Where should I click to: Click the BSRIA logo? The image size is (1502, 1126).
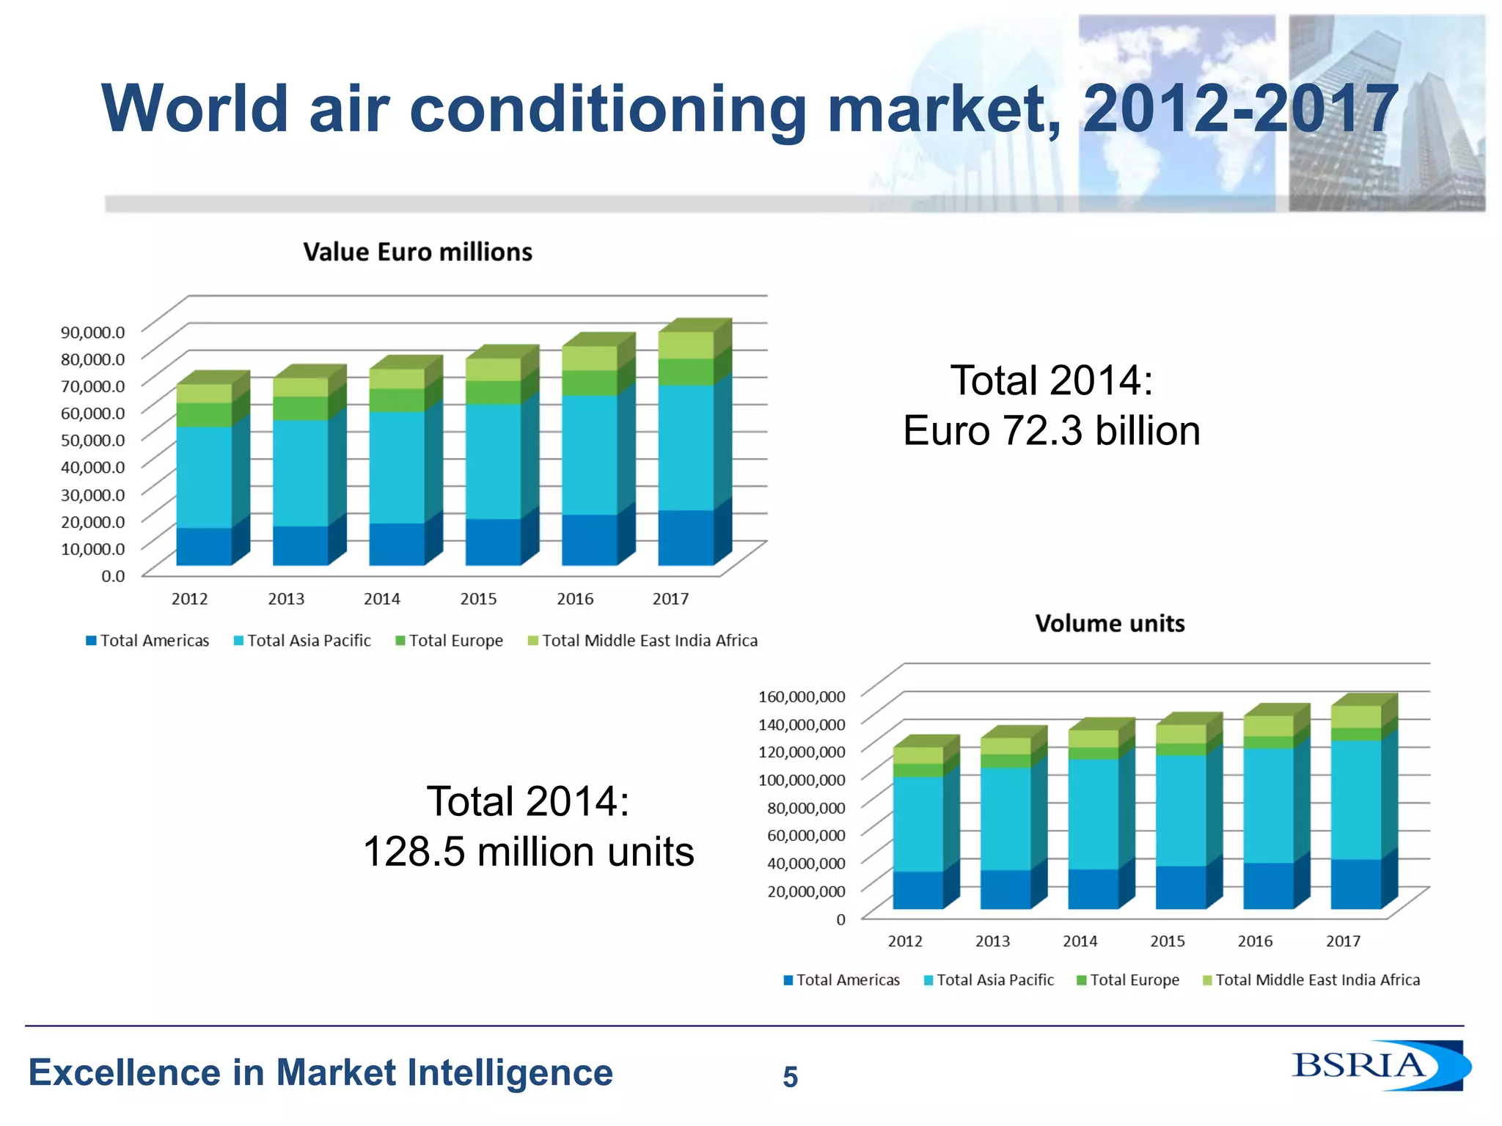[1379, 1065]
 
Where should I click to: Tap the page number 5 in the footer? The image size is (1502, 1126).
[790, 1077]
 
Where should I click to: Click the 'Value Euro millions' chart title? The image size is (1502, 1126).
[417, 252]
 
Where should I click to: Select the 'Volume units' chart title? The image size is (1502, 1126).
[1110, 624]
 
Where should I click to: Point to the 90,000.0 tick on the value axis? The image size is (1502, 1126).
[92, 332]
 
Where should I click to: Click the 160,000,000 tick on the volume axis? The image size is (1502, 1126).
[802, 696]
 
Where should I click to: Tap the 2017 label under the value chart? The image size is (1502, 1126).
[670, 599]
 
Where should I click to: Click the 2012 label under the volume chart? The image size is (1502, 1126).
[905, 941]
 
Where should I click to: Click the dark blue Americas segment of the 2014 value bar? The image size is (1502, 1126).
[397, 544]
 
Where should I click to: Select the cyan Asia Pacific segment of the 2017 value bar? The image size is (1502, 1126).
[686, 447]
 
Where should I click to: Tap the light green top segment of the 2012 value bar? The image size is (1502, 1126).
[204, 394]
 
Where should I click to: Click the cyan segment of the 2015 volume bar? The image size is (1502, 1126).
[1181, 810]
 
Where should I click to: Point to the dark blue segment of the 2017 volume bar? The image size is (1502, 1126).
[1355, 884]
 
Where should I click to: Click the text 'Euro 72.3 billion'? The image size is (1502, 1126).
[1051, 431]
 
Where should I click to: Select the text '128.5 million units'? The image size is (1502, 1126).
[528, 852]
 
